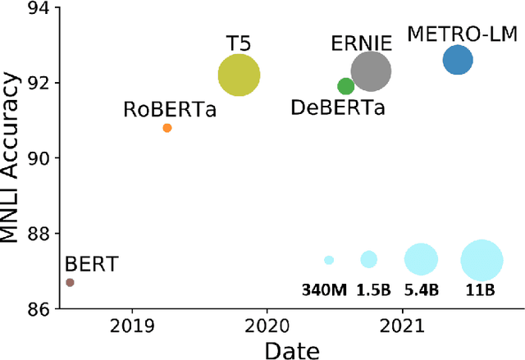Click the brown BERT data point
[70, 282]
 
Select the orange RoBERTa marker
[167, 128]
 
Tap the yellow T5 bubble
[239, 75]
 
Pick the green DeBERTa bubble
[346, 86]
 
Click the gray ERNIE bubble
[372, 71]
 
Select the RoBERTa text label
[170, 109]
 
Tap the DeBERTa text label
[338, 107]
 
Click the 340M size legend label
[328, 289]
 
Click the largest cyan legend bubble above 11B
[482, 260]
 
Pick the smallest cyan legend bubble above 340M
[329, 260]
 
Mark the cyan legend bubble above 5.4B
[422, 260]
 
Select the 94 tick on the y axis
[39, 8]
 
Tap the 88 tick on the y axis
[39, 234]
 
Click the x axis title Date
[291, 349]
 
